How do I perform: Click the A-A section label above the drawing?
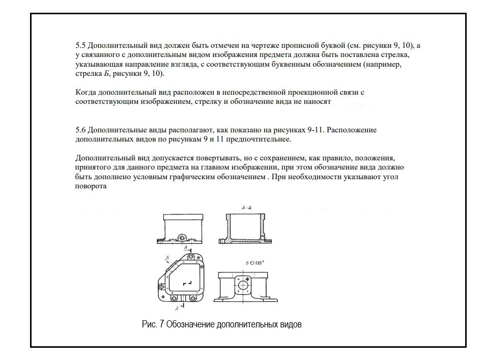pos(247,208)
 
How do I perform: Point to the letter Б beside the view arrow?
pos(166,258)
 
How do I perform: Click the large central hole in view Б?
pos(243,285)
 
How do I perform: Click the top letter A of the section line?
pos(186,247)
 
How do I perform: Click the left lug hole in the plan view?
pos(162,288)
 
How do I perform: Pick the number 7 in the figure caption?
pos(161,324)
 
